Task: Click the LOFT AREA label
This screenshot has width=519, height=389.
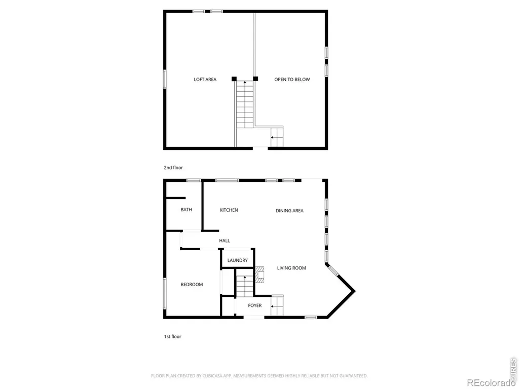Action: click(x=205, y=80)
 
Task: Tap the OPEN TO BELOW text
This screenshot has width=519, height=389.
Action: click(x=292, y=80)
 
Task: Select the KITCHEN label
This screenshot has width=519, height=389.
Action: click(x=229, y=210)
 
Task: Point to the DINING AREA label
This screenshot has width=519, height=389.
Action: click(x=289, y=211)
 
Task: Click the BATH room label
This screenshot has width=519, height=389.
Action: click(x=187, y=210)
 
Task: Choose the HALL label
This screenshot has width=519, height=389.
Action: click(x=225, y=241)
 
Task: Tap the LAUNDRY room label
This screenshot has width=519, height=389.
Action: click(x=238, y=260)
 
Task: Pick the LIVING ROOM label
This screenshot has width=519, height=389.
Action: click(x=291, y=268)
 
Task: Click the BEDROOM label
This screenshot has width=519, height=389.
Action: click(x=192, y=285)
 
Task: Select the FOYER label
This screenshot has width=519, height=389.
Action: click(x=255, y=305)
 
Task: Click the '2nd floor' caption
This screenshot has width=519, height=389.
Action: click(x=173, y=168)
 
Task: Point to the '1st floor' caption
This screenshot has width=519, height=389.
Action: click(x=172, y=337)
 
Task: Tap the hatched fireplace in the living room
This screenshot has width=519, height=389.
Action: click(x=259, y=275)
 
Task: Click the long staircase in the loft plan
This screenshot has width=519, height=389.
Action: click(x=245, y=104)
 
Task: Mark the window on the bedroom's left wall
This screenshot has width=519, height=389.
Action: click(x=165, y=294)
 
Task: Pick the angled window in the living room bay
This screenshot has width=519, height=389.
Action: click(x=333, y=270)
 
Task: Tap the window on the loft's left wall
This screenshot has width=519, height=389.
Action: click(x=165, y=79)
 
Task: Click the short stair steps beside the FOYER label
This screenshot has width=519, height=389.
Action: click(x=277, y=305)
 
